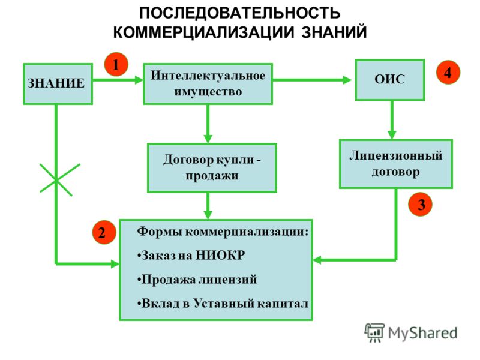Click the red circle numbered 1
tap(116, 65)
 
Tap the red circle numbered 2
tap(104, 232)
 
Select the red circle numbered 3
tap(421, 204)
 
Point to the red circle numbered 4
tap(448, 72)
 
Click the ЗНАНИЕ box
tap(58, 84)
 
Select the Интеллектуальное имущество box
tap(208, 84)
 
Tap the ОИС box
tap(389, 80)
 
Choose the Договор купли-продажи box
tap(212, 168)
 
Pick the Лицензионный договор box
tap(396, 164)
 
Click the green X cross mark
tap(56, 181)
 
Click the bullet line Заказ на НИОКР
tap(191, 256)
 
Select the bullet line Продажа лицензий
tap(197, 280)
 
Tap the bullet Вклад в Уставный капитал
tap(223, 304)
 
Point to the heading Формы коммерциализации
tap(223, 232)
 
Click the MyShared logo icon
tap(374, 332)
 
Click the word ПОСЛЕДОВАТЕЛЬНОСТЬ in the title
tap(240, 13)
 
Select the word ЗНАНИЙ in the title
tap(334, 32)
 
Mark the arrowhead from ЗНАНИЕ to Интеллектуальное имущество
tap(139, 80)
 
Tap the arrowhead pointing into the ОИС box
tap(347, 80)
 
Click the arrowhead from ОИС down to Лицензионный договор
tap(392, 135)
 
